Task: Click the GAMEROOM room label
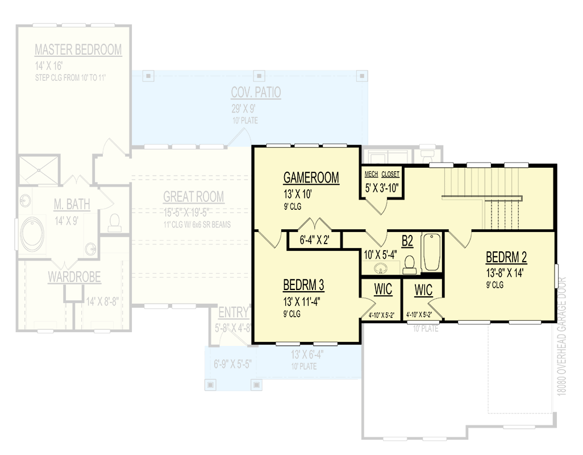coord(311,177)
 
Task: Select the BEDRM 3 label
coord(303,284)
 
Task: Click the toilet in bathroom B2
coord(409,263)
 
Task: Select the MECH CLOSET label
coord(382,175)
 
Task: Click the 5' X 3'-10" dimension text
coord(382,186)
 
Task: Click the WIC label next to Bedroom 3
coord(383,289)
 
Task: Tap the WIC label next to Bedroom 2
coord(423,289)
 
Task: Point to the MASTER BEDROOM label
coord(78,50)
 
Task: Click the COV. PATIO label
coord(256,92)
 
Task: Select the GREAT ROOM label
coord(193,197)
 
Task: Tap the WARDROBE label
coord(74,278)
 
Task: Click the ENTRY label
coord(234,312)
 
